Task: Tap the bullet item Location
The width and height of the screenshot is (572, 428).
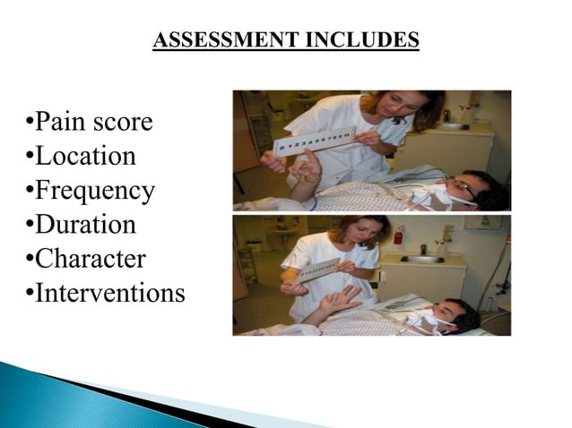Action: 85,156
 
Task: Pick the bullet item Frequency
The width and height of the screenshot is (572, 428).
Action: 94,191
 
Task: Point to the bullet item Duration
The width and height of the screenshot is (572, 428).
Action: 85,225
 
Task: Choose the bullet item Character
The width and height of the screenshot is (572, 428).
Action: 90,259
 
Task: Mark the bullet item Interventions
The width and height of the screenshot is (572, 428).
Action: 109,293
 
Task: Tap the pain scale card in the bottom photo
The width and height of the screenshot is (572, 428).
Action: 318,270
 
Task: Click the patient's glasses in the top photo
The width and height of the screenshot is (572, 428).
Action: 463,184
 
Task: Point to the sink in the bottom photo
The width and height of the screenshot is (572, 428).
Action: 421,260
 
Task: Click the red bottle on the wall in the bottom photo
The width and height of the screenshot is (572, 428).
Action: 397,235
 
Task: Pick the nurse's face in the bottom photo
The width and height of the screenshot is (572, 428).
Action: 366,236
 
